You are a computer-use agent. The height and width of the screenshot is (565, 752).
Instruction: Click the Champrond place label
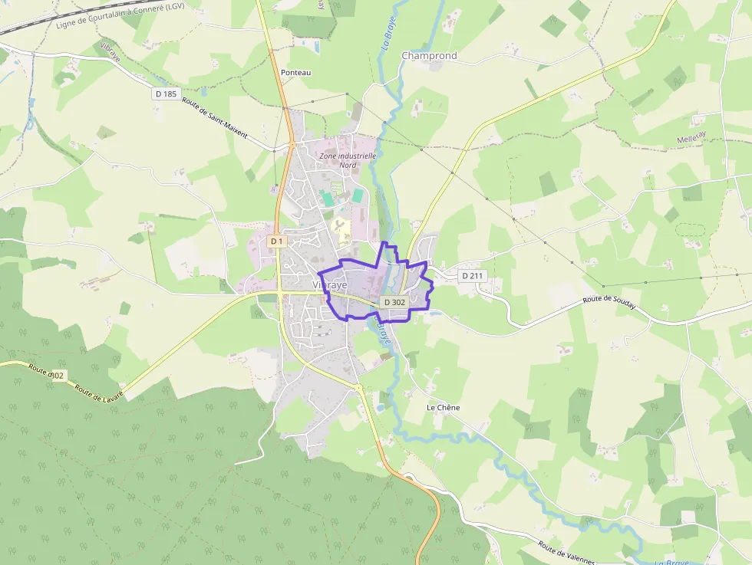[429, 56]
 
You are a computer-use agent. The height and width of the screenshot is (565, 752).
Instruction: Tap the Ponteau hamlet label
[295, 72]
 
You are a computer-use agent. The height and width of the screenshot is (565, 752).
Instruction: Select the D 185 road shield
[165, 94]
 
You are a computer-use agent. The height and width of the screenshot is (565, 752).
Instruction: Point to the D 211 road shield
[473, 275]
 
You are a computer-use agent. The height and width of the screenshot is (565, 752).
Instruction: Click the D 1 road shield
[276, 241]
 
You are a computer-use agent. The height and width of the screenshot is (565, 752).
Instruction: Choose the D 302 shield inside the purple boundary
[394, 302]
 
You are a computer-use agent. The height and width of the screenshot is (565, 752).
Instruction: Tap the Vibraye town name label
[330, 284]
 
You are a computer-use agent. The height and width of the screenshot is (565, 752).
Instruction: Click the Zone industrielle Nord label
[348, 159]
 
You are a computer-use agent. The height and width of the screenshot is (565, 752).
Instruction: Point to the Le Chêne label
[443, 408]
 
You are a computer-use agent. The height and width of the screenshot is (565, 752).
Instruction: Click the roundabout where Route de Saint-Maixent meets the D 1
[292, 143]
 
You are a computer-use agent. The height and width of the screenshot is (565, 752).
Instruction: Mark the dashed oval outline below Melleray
[690, 229]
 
